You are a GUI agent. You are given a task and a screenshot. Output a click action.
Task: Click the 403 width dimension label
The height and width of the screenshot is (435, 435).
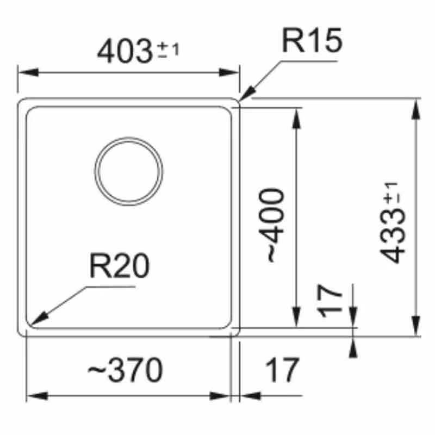(x=125, y=52)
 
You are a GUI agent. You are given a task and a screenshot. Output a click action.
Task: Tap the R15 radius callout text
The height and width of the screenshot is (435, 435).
(x=312, y=40)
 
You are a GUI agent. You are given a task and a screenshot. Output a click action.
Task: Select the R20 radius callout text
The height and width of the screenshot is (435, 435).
(x=119, y=266)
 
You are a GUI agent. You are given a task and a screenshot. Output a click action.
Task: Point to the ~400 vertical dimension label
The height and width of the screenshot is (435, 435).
(x=271, y=225)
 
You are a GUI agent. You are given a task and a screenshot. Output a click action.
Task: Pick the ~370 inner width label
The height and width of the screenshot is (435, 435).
(x=126, y=370)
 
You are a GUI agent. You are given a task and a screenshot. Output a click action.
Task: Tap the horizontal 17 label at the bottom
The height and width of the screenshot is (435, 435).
(x=282, y=370)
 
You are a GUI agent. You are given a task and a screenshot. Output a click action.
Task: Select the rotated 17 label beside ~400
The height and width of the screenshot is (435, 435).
(x=330, y=301)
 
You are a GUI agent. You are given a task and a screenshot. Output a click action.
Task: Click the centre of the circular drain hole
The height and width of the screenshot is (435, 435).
(x=129, y=171)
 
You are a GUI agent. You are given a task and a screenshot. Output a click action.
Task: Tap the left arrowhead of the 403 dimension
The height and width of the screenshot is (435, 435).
(x=28, y=72)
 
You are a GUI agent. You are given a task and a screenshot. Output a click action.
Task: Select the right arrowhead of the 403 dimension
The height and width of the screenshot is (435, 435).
(x=229, y=72)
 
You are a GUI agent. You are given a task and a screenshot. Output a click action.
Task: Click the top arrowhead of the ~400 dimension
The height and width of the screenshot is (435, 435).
(x=296, y=118)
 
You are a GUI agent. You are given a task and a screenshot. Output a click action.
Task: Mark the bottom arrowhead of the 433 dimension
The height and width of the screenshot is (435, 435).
(x=415, y=326)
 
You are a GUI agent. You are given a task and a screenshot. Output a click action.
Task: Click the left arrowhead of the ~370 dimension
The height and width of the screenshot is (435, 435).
(x=37, y=396)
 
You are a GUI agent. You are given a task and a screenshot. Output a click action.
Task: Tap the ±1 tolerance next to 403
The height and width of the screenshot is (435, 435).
(x=168, y=50)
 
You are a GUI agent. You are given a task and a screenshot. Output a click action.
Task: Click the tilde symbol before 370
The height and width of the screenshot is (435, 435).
(x=97, y=369)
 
